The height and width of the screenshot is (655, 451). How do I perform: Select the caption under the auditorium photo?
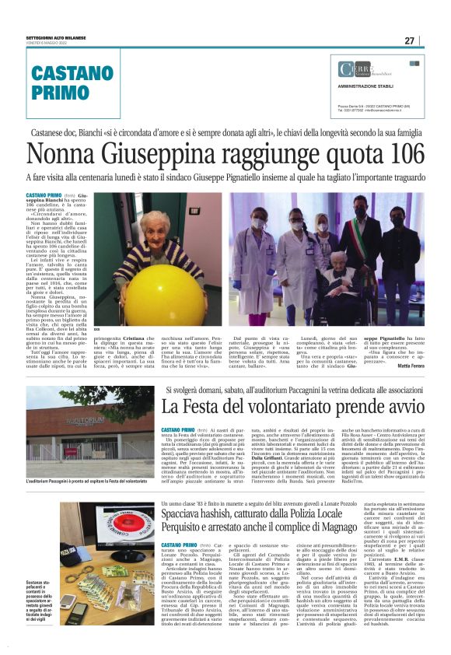click(x=86, y=482)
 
